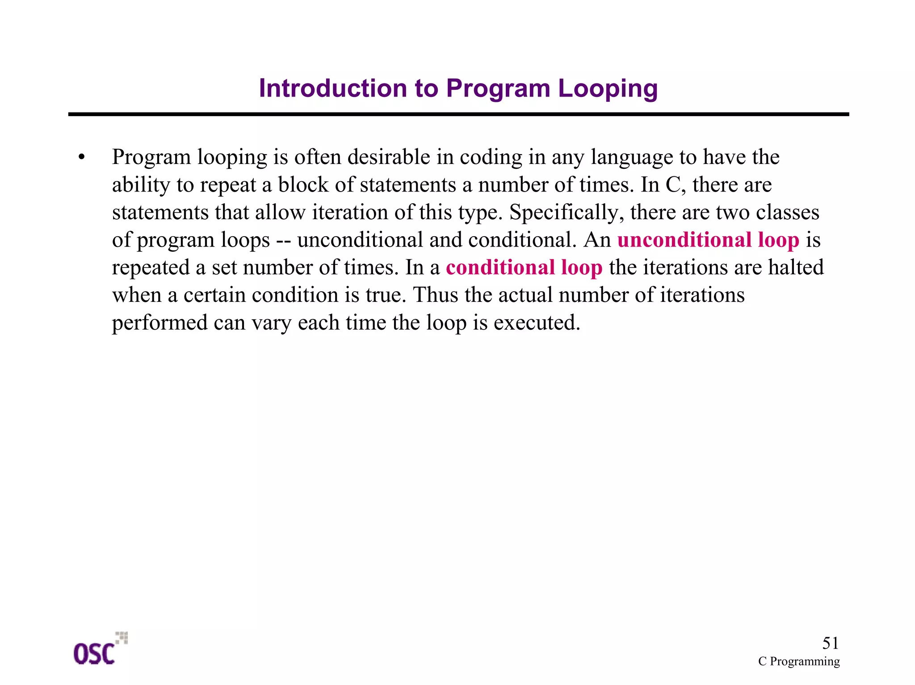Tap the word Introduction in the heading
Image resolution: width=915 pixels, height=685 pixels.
pos(333,88)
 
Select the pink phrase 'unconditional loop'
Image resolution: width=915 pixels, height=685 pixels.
pos(708,240)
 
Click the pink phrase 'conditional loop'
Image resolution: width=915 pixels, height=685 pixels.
pos(524,267)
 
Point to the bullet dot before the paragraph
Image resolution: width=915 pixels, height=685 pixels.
pos(81,158)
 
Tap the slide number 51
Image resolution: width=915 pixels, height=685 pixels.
pos(830,643)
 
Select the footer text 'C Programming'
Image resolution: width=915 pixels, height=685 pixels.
pos(799,661)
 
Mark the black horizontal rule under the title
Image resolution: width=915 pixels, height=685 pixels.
pos(458,115)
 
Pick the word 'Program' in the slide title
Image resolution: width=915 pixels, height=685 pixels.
pos(498,89)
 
